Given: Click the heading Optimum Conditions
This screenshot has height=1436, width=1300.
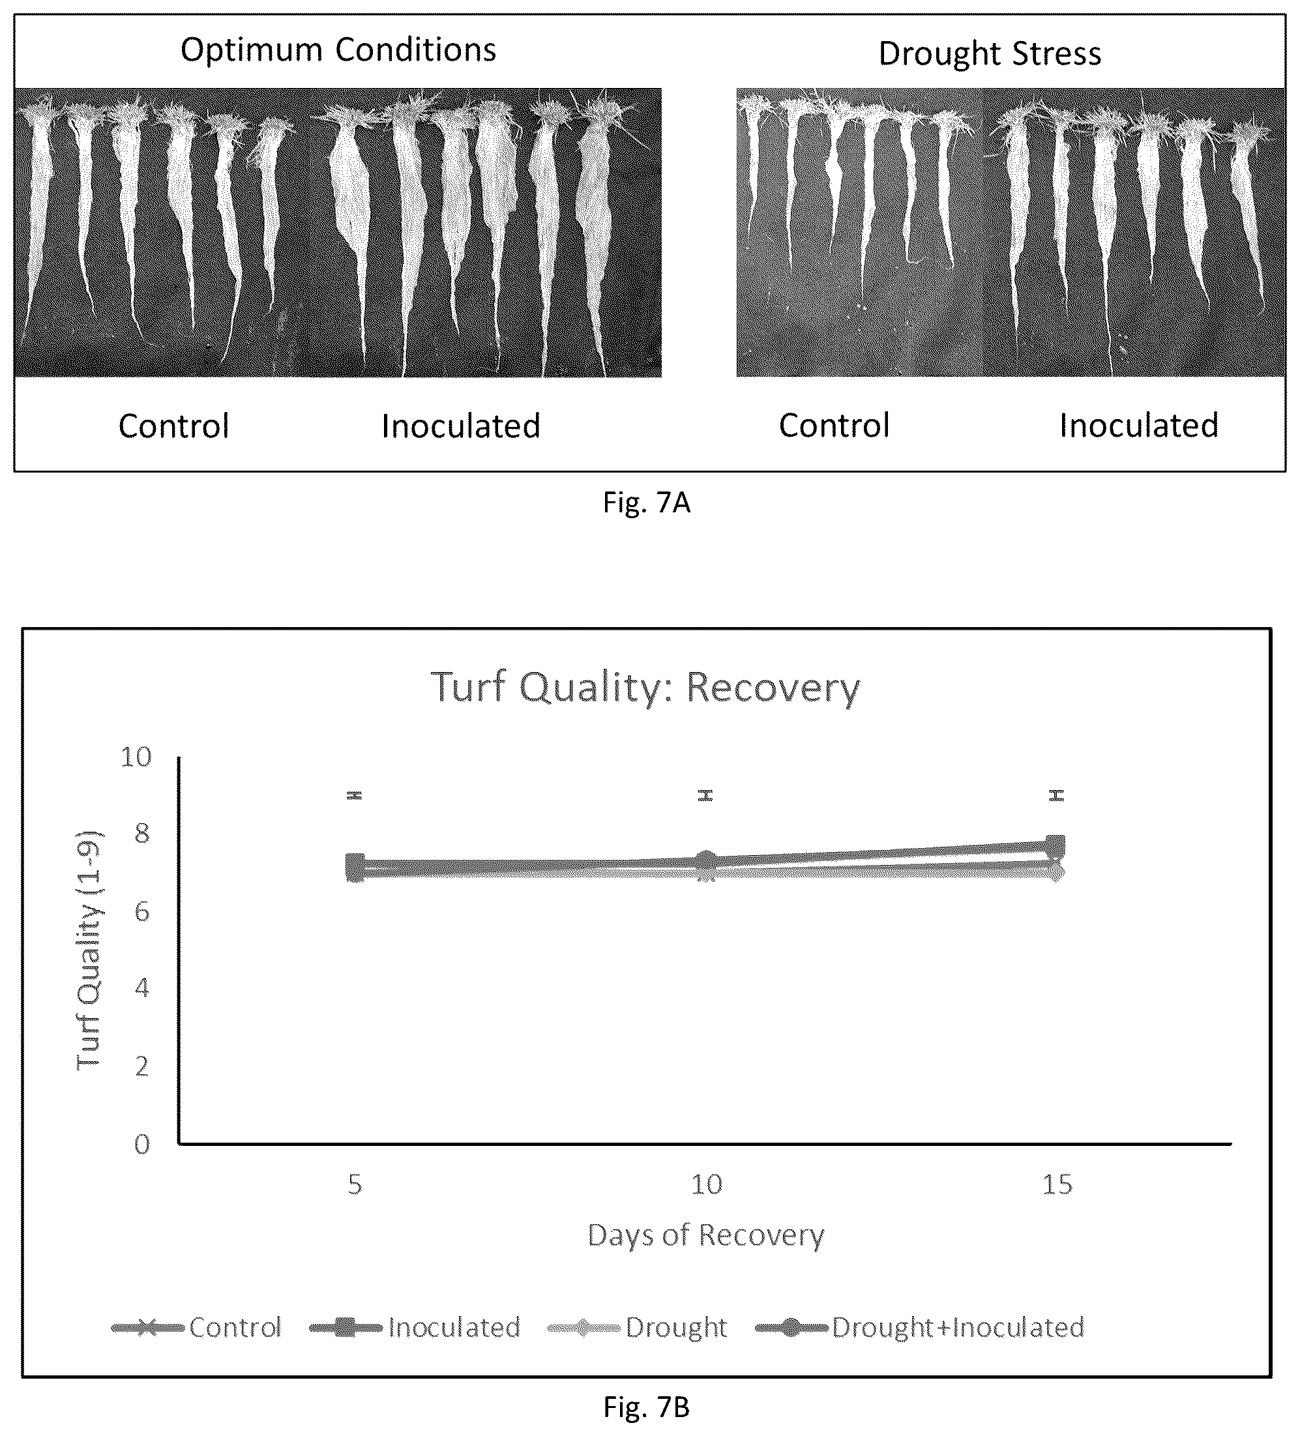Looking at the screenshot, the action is pos(338,50).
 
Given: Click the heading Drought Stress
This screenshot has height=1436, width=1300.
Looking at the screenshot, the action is pos(990,53).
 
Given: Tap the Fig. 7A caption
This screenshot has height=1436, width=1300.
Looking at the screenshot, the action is pos(646,503).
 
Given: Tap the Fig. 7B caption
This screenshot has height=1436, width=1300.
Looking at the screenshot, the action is pos(646,1407).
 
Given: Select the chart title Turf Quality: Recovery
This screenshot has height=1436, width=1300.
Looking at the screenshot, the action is pos(645,688).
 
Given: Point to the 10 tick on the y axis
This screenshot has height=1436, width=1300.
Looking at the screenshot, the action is pos(136,757).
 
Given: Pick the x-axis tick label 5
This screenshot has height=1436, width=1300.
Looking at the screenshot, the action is pos(355,1184).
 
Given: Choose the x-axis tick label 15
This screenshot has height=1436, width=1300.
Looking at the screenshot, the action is pos(1057,1184).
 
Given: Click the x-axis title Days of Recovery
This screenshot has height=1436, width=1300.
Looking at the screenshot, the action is pos(705,1235).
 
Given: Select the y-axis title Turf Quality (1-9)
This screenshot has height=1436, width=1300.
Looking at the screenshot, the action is pos(90,950).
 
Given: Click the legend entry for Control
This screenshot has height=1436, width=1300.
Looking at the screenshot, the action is pos(198,1328).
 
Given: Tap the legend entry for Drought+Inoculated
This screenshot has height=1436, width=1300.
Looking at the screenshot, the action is pos(920,1328).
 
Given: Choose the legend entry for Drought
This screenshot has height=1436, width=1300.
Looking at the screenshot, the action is pos(638,1328).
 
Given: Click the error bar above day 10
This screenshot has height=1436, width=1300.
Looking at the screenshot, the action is pos(705,795).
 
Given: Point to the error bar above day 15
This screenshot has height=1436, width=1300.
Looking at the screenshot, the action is pos(1056,795).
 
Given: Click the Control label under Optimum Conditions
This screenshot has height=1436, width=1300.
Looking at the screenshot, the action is pos(174,426).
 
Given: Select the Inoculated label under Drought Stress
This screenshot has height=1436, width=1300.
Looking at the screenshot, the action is pos(1139,425).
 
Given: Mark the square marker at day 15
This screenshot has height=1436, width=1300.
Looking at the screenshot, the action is pos(1056,845).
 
